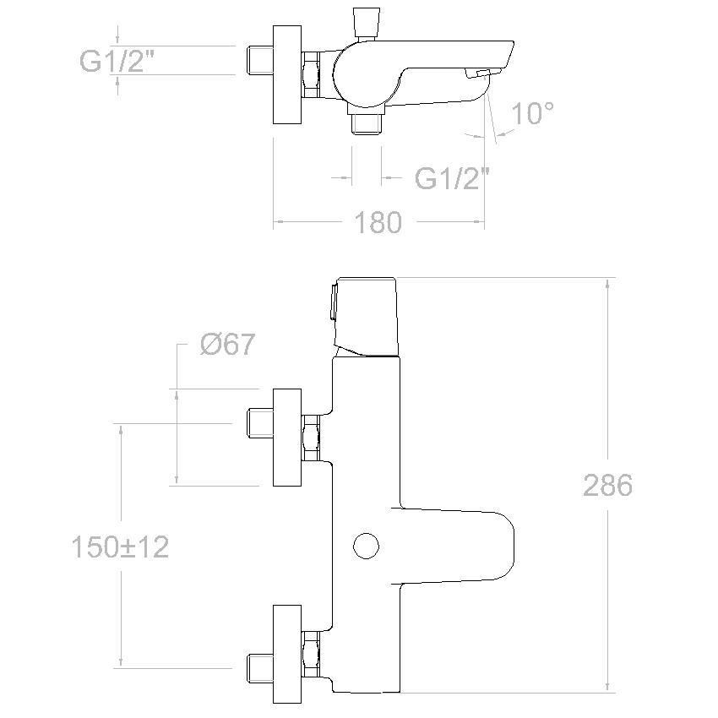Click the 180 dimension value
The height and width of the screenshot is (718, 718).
[378, 222]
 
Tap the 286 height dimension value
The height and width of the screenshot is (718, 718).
[607, 485]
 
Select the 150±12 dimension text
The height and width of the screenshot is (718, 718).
[121, 547]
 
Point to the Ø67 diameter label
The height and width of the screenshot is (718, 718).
[227, 344]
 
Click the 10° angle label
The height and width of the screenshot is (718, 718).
[532, 113]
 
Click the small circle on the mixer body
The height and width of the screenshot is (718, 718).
[367, 546]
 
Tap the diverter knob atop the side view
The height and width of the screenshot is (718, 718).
[367, 23]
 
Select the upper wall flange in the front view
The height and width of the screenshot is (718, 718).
[287, 438]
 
